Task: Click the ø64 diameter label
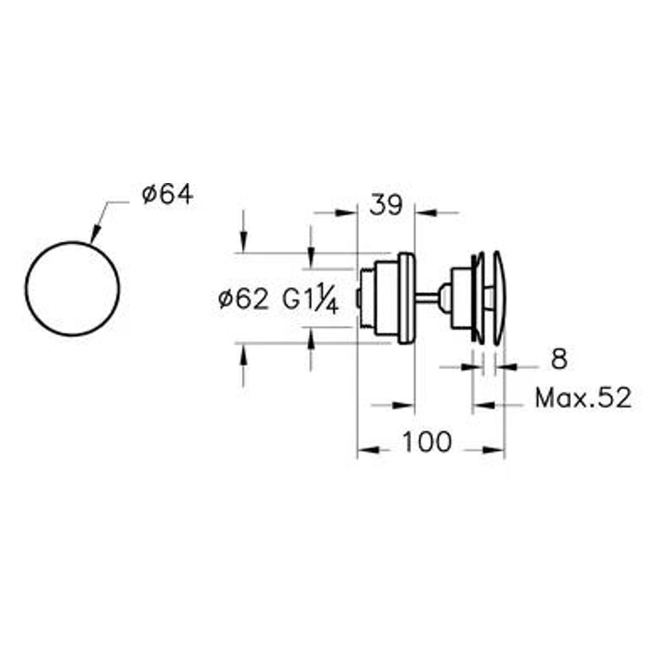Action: pos(168,195)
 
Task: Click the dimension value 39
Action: pos(386,206)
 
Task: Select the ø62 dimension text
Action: pos(244,299)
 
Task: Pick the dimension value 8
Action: pos(559,359)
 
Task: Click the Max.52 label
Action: pos(583,398)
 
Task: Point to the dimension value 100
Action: pos(427,442)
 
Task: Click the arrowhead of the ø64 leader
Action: pos(95,235)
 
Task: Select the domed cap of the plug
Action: pos(499,298)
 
